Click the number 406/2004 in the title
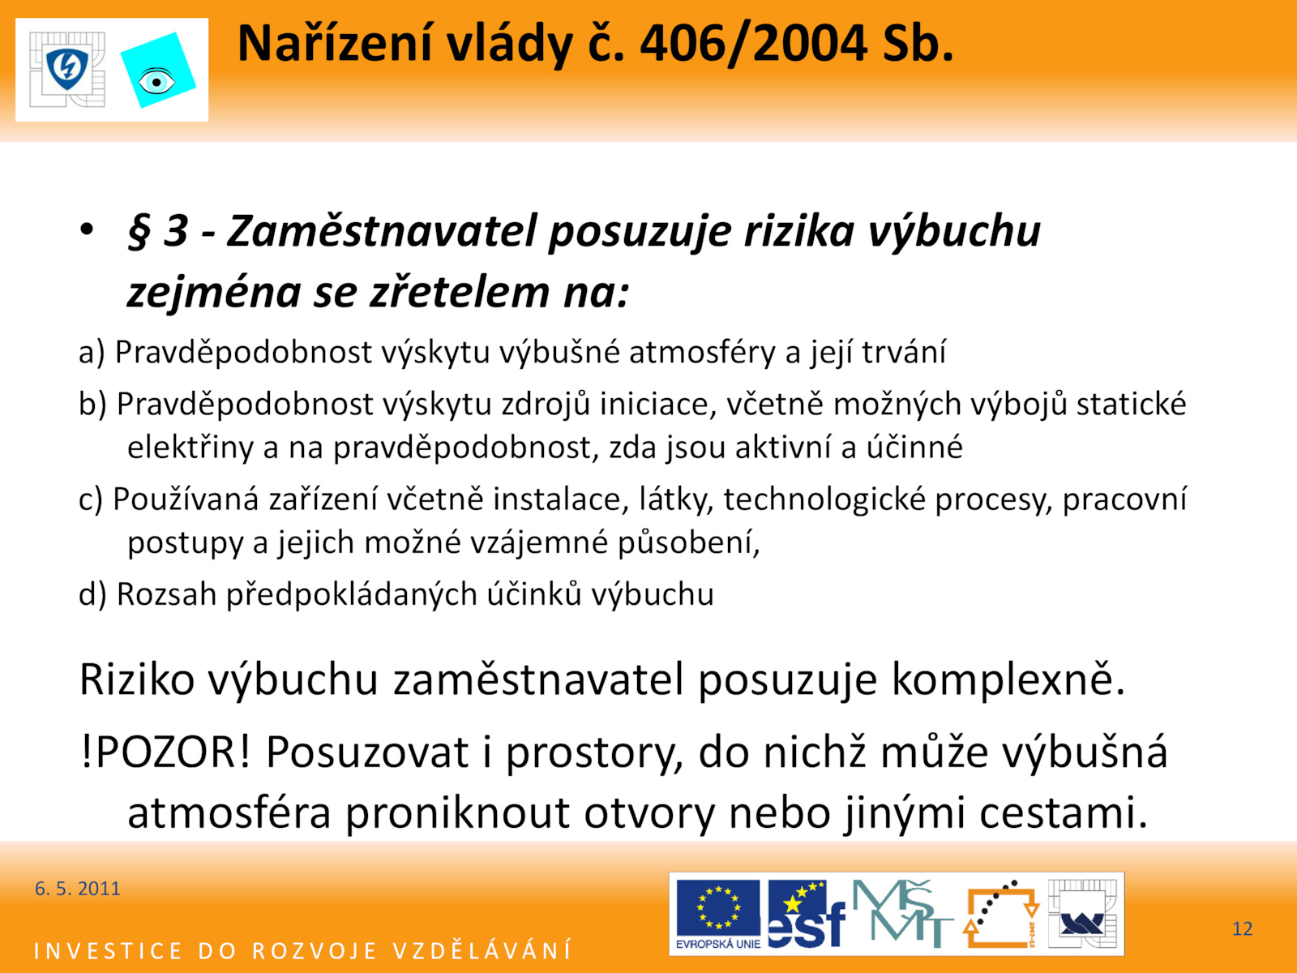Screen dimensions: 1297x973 pos(753,45)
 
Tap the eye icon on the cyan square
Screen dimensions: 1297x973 pos(156,82)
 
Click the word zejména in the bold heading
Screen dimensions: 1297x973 pos(214,293)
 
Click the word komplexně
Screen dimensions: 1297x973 pos(1008,680)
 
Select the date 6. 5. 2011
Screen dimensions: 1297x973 pos(77,889)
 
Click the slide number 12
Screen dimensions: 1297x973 pos(1243,928)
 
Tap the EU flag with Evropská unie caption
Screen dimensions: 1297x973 pos(718,914)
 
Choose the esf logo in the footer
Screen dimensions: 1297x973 pos(806,914)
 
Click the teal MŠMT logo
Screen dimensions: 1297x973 pos(902,914)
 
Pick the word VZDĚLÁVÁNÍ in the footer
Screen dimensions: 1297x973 pos(482,951)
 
